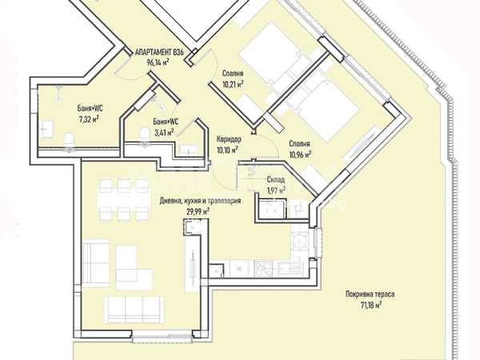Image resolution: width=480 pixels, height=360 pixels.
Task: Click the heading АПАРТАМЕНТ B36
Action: (159, 53)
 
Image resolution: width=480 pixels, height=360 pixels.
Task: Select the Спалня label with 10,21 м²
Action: (233, 74)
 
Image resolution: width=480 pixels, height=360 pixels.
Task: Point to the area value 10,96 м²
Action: (300, 154)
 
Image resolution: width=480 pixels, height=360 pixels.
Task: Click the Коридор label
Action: (229, 139)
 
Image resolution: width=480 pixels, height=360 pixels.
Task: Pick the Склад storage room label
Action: (276, 180)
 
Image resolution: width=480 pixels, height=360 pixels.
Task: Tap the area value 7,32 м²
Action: (89, 118)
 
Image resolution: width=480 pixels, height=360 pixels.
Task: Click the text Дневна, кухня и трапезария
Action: (200, 201)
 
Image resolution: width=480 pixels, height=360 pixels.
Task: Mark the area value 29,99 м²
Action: (198, 211)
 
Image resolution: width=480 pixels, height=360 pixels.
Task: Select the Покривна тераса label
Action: (370, 294)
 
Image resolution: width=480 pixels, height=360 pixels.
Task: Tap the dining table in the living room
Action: (123, 199)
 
